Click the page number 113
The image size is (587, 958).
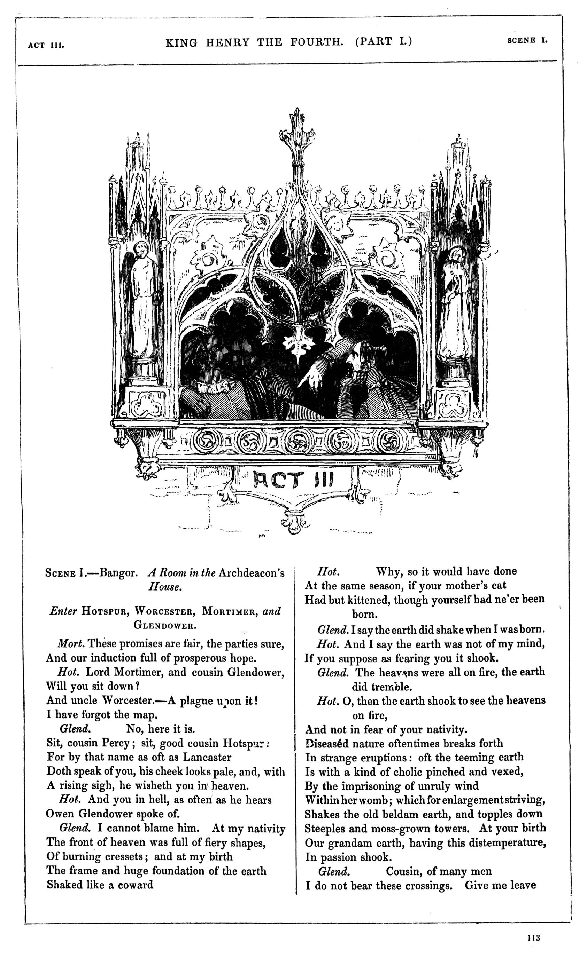pyautogui.click(x=534, y=937)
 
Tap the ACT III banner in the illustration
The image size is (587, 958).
pyautogui.click(x=293, y=480)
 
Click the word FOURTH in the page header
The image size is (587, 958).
pyautogui.click(x=316, y=42)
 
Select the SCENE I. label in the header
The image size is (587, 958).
pyautogui.click(x=527, y=40)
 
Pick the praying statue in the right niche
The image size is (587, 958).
pyautogui.click(x=455, y=303)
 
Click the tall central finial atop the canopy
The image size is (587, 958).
pyautogui.click(x=297, y=136)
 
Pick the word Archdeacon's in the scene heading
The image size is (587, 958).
pyautogui.click(x=252, y=573)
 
